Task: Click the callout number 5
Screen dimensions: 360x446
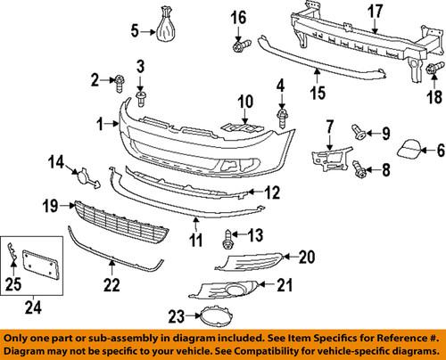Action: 135,34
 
